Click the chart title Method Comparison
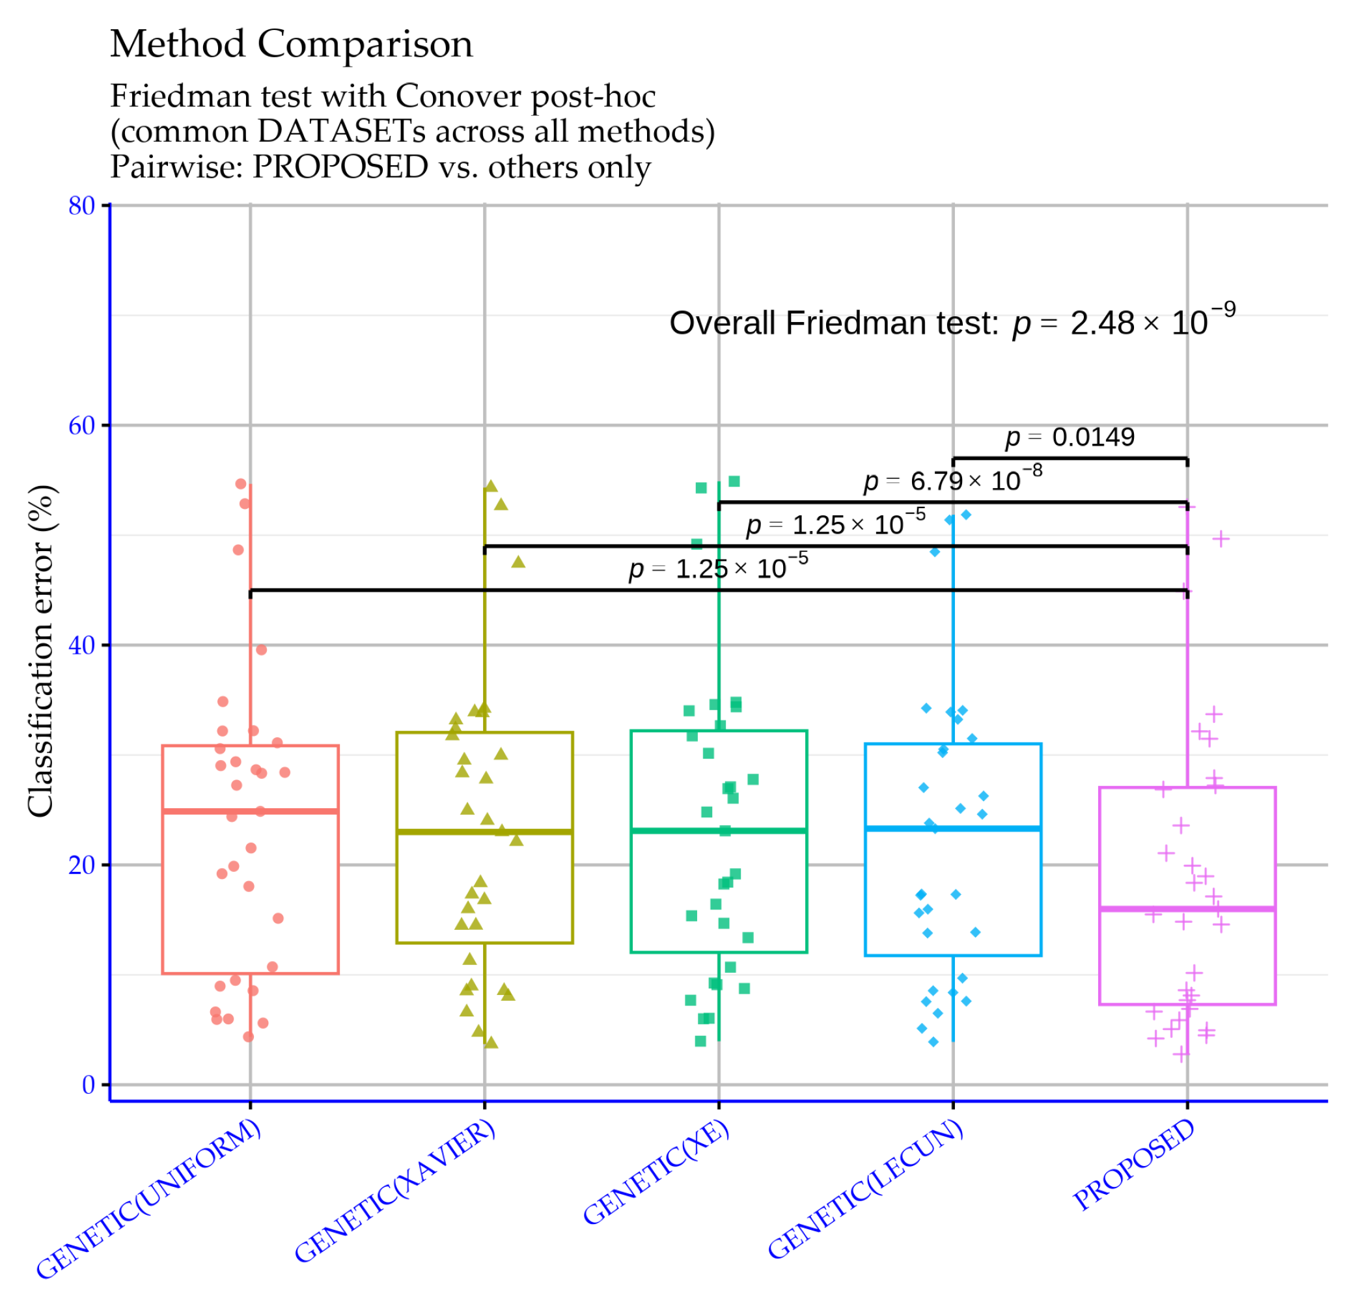tap(291, 44)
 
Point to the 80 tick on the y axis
tap(81, 206)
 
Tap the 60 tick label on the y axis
tap(81, 426)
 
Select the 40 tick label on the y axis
tap(81, 645)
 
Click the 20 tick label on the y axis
tap(81, 865)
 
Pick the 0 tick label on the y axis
tap(89, 1085)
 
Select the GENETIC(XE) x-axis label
tap(656, 1171)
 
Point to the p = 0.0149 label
tap(1070, 437)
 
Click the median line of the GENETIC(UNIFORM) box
tap(250, 811)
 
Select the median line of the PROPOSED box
tap(1187, 910)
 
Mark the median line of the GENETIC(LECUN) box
tap(952, 829)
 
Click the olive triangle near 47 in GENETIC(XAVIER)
tap(518, 562)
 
